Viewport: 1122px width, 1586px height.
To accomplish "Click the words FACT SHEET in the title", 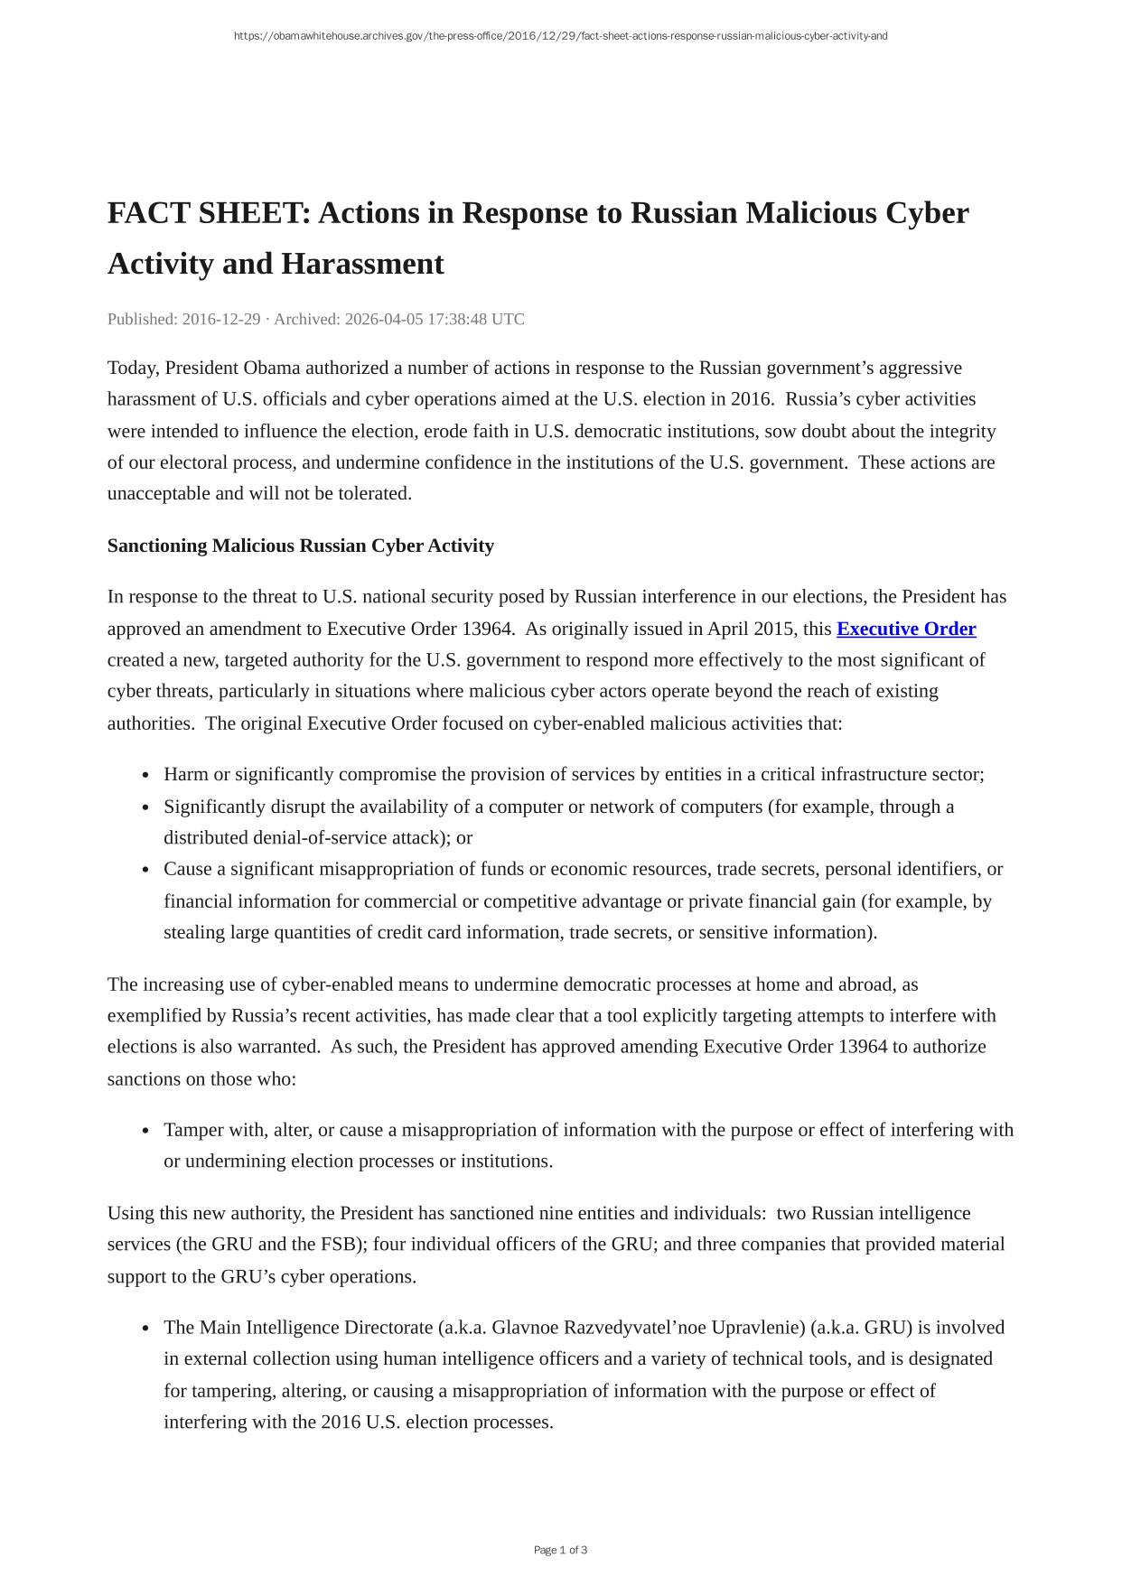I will [209, 214].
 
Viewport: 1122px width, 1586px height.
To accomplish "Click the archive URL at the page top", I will [560, 36].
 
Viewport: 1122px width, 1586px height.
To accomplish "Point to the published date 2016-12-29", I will [221, 320].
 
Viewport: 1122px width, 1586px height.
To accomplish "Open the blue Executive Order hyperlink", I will [905, 630].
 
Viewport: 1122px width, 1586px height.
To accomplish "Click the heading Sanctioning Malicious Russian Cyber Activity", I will [301, 546].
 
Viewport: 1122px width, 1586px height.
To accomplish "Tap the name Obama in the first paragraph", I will [272, 369].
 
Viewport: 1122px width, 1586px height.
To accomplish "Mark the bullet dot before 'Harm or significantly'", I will [145, 776].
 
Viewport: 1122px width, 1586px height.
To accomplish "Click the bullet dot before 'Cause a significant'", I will [145, 871].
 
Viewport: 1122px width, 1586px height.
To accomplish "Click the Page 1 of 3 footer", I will [560, 1551].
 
